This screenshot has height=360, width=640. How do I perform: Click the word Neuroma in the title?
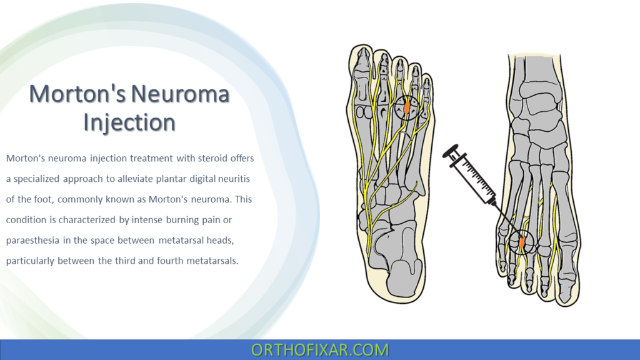[181, 94]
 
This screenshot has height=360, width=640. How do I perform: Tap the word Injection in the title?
[129, 122]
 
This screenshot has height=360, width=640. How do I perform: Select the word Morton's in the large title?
[77, 94]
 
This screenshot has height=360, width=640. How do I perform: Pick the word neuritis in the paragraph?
[232, 179]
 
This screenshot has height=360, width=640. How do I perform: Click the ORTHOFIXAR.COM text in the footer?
[320, 349]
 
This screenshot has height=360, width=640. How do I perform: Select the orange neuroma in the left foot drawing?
[407, 107]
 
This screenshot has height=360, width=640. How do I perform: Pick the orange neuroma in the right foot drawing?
[521, 241]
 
